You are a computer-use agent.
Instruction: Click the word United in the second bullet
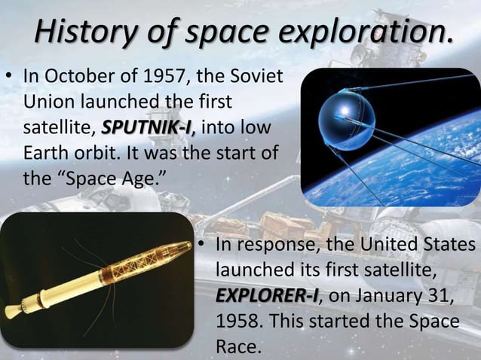(x=388, y=246)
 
